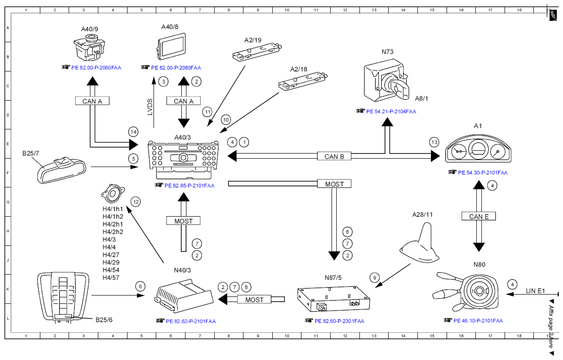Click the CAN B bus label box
click(x=334, y=156)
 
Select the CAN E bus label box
click(x=479, y=216)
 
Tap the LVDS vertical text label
click(x=150, y=107)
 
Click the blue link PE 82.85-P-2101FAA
click(x=189, y=186)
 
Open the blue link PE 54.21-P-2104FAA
click(x=391, y=112)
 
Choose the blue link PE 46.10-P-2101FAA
click(x=478, y=321)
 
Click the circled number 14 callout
click(x=133, y=132)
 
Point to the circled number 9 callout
click(x=375, y=278)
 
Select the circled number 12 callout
click(x=136, y=202)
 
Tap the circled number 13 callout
click(x=435, y=142)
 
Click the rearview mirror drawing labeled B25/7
click(x=62, y=170)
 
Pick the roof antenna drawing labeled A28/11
click(x=419, y=243)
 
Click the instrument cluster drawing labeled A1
click(x=478, y=148)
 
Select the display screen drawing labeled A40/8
click(x=172, y=46)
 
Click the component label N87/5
click(x=333, y=278)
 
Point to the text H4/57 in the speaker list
click(x=111, y=278)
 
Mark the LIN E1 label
click(x=535, y=291)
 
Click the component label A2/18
click(x=299, y=70)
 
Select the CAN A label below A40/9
click(x=92, y=101)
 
